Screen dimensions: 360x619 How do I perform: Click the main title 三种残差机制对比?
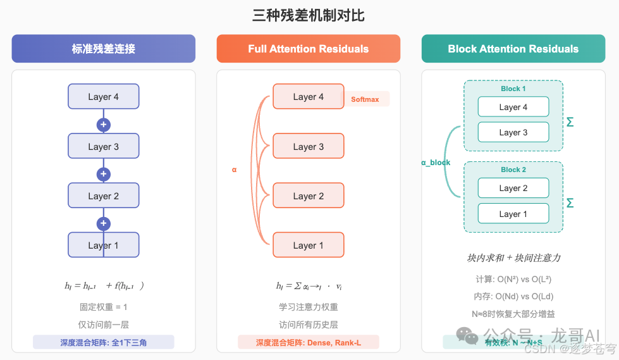coord(309,15)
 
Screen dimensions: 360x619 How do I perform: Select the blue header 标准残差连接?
coord(103,49)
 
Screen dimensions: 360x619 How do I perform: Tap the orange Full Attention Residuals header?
coord(308,49)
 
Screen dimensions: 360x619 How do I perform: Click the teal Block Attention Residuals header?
coord(513,49)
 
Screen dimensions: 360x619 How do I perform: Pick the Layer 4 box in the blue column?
coord(103,97)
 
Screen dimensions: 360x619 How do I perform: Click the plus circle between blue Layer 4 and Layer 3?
coord(104,125)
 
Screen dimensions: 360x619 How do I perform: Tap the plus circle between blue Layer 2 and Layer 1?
coord(104,223)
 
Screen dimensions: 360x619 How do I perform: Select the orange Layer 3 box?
coord(308,146)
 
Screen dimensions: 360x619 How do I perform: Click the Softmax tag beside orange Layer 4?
coord(365,99)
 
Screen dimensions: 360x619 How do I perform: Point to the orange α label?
coord(234,170)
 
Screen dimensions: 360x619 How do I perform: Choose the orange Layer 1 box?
coord(308,245)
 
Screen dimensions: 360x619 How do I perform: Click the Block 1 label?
coord(513,89)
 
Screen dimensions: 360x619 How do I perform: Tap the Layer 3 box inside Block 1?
coord(513,132)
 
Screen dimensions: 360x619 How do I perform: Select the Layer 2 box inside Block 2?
coord(513,188)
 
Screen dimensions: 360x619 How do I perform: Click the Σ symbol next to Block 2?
coord(570,203)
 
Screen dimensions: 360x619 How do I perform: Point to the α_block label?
coord(436,163)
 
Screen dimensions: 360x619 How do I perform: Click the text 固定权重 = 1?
coord(103,307)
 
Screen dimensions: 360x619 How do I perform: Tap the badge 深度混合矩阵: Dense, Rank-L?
coord(308,342)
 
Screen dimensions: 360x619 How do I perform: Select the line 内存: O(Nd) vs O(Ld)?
coord(513,296)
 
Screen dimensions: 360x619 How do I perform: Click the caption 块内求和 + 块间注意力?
coord(513,258)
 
